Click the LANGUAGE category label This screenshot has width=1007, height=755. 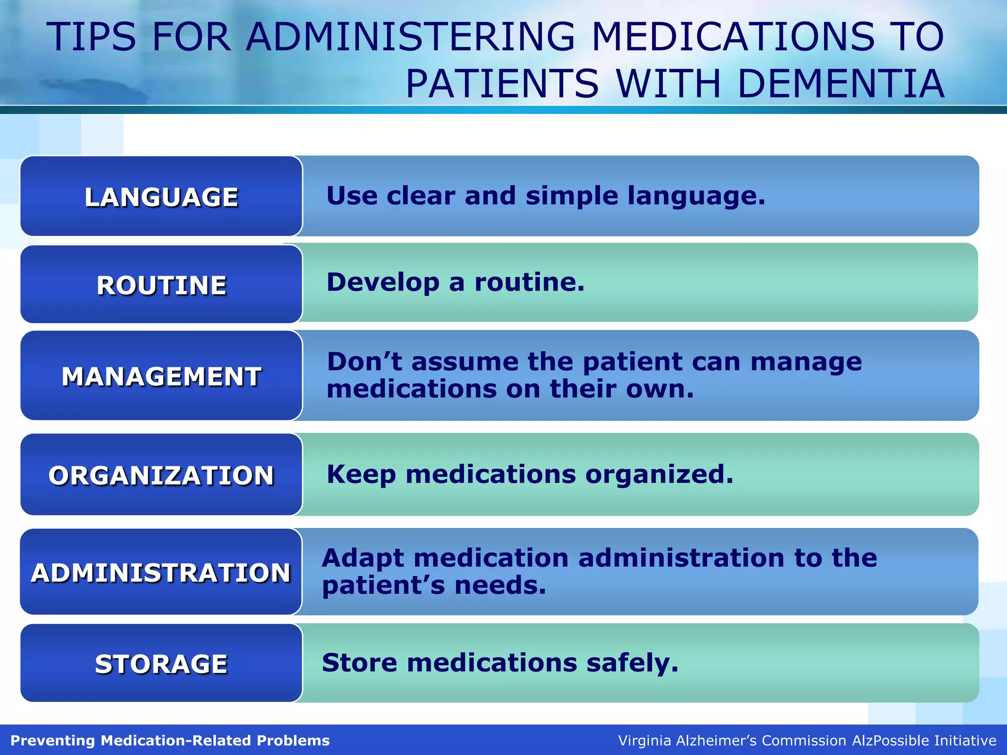point(161,197)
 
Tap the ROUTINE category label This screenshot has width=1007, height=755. point(161,285)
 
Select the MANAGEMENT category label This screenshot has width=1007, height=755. point(161,377)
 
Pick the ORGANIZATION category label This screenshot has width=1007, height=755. point(161,475)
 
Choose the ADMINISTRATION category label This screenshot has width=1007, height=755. point(161,573)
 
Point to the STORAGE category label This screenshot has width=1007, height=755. point(161,664)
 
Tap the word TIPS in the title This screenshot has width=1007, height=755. point(91,37)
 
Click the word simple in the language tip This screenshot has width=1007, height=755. point(572,196)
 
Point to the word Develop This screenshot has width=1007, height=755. point(383,282)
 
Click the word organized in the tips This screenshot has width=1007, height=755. point(659,474)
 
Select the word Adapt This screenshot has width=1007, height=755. point(363,558)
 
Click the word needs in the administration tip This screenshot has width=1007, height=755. point(500,585)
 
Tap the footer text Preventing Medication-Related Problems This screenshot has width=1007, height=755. point(170,740)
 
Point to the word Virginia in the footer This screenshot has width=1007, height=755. point(644,740)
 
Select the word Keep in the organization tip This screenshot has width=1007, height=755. point(361,474)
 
